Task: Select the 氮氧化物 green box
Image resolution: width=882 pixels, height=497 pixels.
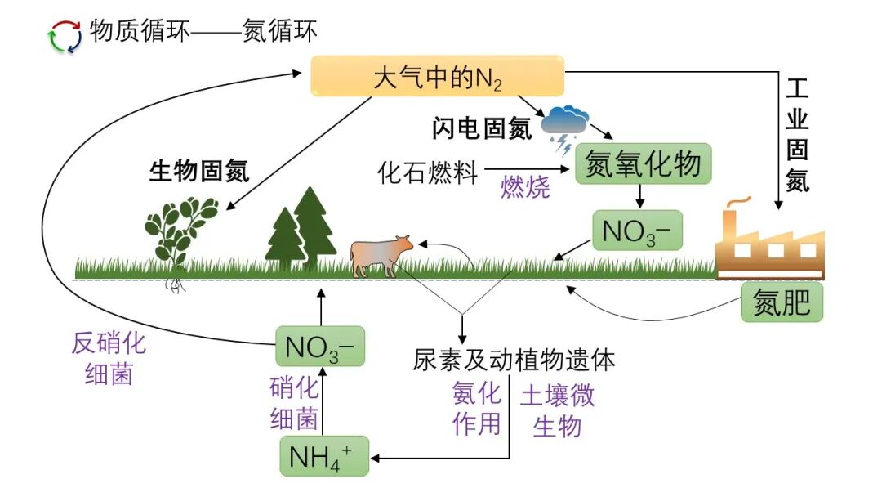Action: [x=644, y=164]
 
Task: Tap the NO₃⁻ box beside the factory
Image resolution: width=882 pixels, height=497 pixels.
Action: [x=636, y=231]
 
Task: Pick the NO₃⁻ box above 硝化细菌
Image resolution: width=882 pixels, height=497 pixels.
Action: [x=319, y=347]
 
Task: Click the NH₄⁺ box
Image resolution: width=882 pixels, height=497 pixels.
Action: [x=324, y=455]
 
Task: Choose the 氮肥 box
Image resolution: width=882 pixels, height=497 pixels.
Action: [x=782, y=303]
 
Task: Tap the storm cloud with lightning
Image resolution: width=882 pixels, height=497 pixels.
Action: [x=568, y=125]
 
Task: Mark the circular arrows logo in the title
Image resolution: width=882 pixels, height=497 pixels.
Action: [x=65, y=36]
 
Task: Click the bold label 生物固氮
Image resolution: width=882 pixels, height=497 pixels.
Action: [x=199, y=172]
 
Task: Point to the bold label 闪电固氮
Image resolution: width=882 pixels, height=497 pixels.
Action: [x=482, y=128]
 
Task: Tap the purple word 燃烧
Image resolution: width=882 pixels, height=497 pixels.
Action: [x=525, y=187]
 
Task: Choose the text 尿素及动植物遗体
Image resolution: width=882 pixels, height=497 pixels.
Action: [x=514, y=360]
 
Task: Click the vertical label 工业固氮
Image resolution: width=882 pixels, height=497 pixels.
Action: [x=797, y=135]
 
